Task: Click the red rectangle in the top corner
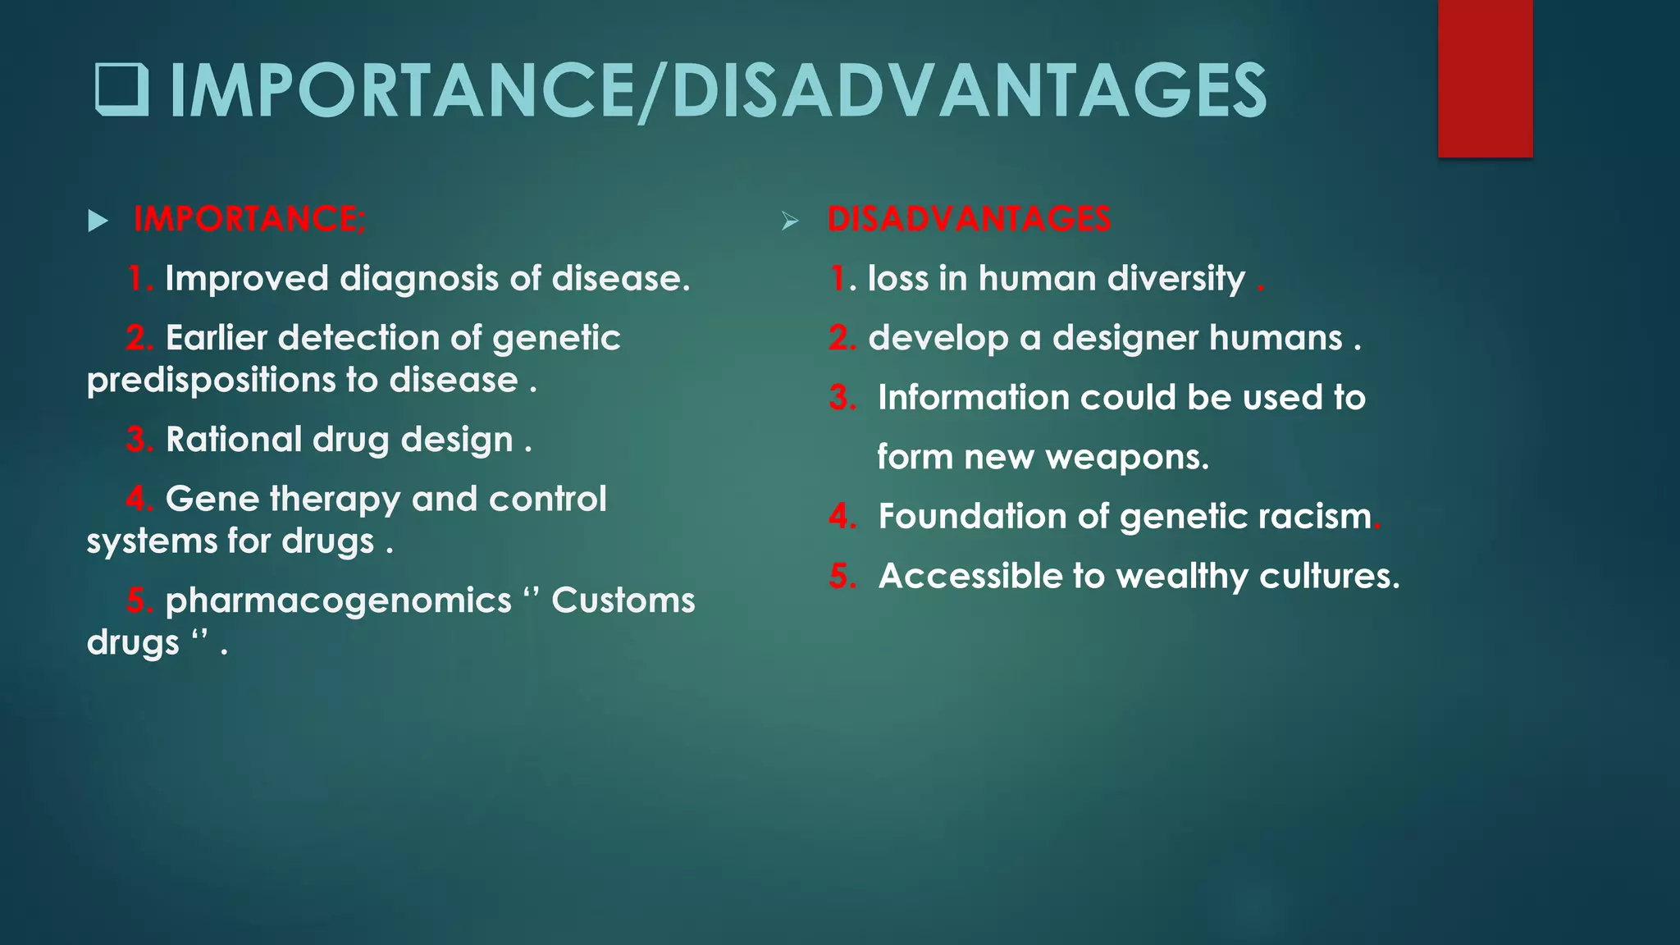(1485, 78)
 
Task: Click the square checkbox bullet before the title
(122, 90)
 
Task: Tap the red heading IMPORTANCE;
(250, 219)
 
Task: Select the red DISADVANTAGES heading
(969, 219)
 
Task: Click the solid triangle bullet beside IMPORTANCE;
(98, 221)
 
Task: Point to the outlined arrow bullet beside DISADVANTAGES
(790, 221)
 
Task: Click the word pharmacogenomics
(338, 601)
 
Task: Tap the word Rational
(233, 440)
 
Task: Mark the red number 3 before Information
(842, 398)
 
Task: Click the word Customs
(623, 600)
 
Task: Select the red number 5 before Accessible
(842, 577)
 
